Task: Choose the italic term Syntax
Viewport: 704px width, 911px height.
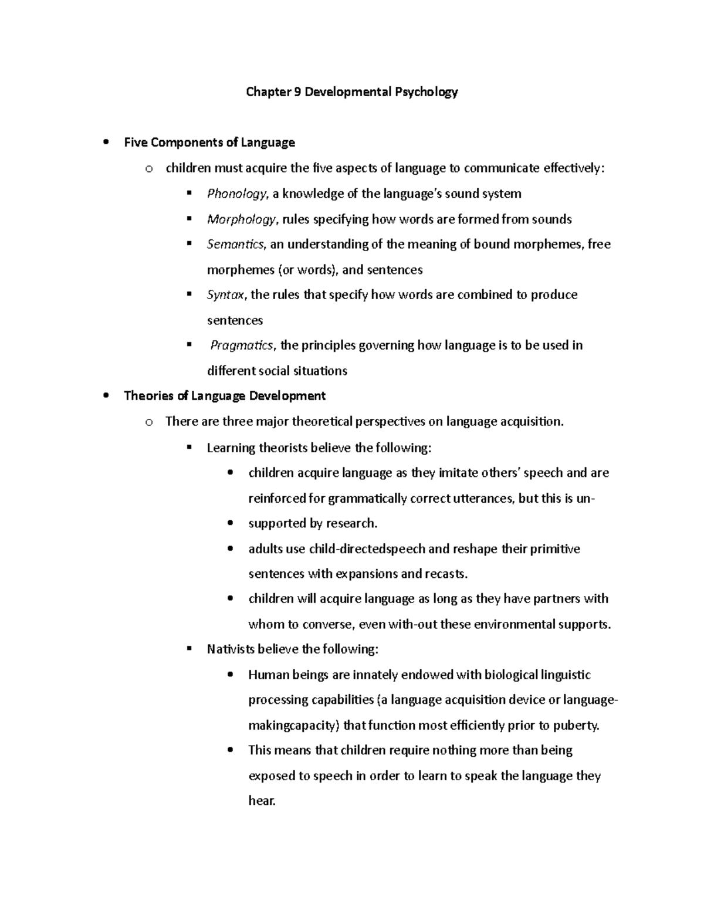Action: pos(225,295)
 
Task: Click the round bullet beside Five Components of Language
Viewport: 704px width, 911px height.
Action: pos(106,143)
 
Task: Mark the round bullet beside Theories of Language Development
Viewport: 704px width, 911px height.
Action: pos(106,396)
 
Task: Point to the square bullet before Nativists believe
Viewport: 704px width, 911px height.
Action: pos(189,649)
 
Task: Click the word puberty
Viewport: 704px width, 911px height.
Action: pos(577,726)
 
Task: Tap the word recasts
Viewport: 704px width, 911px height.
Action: pos(447,574)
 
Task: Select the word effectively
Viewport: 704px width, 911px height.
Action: pos(573,169)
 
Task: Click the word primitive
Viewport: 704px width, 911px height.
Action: pos(555,549)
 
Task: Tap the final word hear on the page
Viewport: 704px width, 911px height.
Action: pos(261,801)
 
